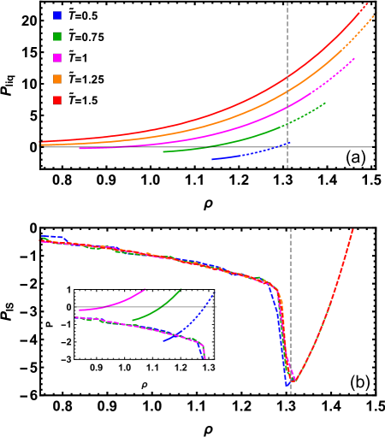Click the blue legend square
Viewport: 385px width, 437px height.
(57, 15)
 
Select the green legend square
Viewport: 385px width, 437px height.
(57, 37)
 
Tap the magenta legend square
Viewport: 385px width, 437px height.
(57, 58)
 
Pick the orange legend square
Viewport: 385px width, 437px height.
(57, 79)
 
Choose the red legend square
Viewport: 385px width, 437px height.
(57, 100)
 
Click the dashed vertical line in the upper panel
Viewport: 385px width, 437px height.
(287, 86)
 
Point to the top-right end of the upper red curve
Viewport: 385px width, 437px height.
(367, 3)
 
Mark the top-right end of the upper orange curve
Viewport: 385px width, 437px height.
(373, 16)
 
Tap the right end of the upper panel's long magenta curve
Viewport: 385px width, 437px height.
(354, 59)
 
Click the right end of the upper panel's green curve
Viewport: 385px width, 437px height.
(325, 103)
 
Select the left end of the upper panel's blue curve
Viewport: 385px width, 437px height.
(212, 160)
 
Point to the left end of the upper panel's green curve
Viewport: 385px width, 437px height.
(163, 152)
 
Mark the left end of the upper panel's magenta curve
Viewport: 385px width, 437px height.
(80, 149)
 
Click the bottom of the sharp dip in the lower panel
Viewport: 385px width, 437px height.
(293, 381)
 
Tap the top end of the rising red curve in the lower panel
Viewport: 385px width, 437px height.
(352, 229)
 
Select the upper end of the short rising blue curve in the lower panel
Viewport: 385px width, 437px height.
(213, 295)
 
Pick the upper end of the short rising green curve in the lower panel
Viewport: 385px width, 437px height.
(181, 290)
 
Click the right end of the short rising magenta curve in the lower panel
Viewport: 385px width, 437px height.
(145, 290)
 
